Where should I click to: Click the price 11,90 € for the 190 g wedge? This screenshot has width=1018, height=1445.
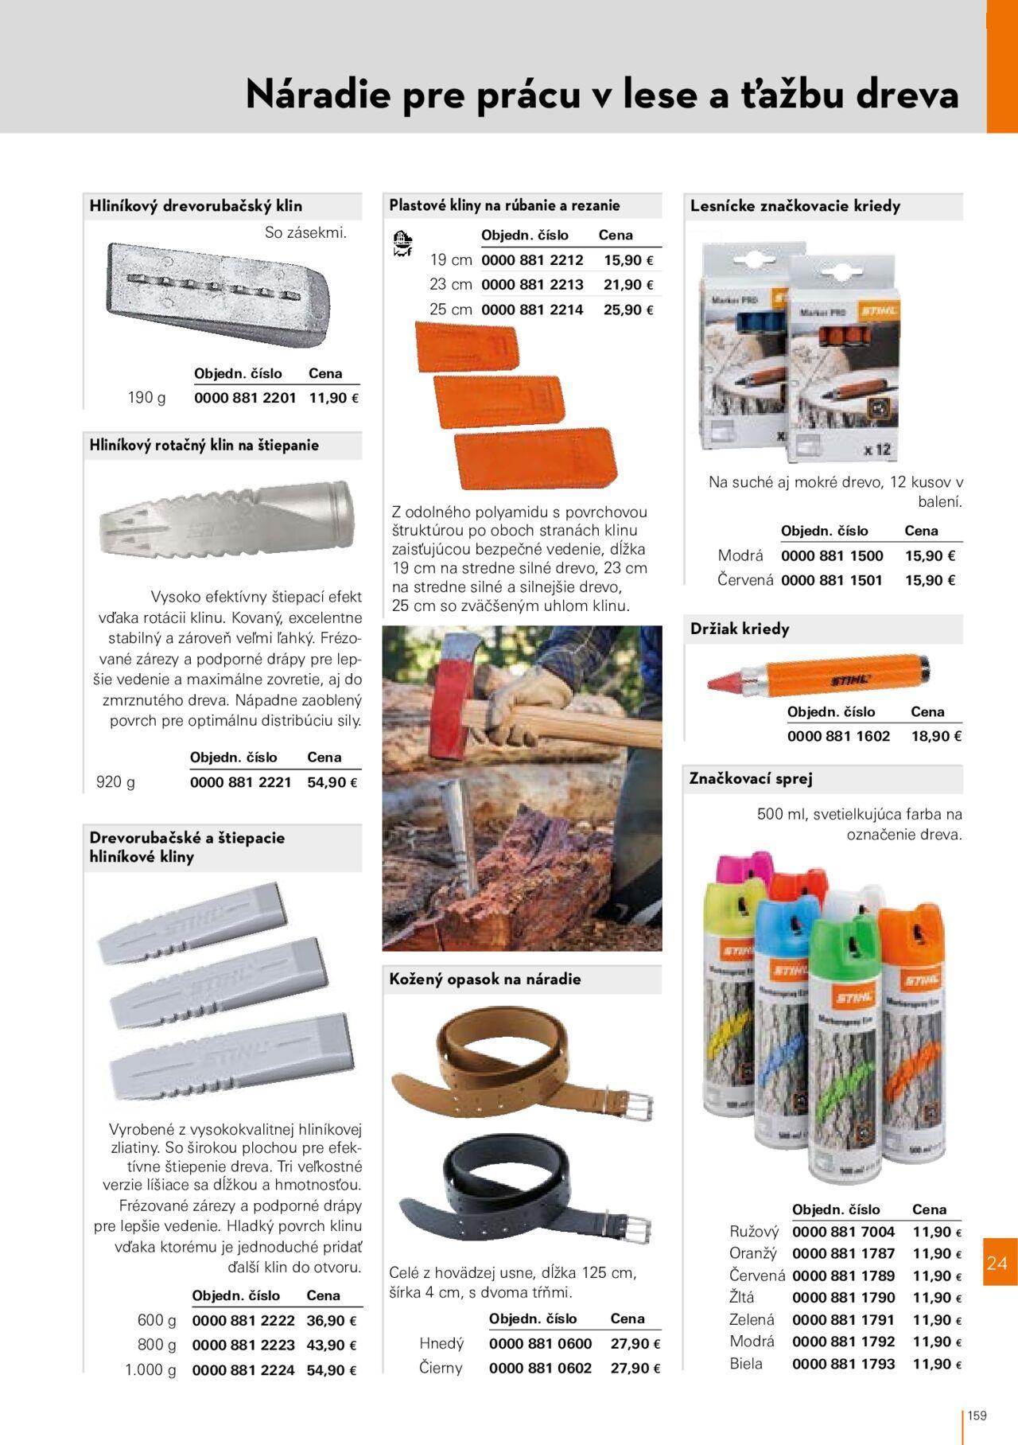332,398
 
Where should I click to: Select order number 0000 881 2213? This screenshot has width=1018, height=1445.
532,285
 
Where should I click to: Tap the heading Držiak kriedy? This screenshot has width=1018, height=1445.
740,629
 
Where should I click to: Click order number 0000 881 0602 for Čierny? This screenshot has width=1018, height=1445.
540,1368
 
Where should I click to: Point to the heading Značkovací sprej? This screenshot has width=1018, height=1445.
751,778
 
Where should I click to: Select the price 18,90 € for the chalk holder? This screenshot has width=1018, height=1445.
936,736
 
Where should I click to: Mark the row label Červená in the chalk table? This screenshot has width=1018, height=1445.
745,580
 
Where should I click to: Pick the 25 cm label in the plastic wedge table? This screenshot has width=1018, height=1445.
451,310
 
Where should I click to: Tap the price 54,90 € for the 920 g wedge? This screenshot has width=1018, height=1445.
332,782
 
